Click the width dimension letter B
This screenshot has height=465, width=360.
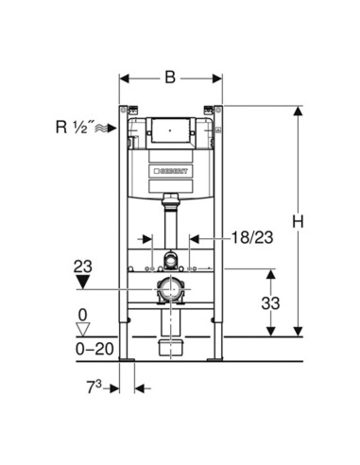tap(170, 77)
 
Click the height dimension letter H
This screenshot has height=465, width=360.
tap(298, 221)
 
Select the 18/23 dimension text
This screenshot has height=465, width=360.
tap(252, 237)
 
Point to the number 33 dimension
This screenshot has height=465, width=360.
tap(270, 303)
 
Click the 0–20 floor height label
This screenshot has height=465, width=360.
tap(94, 349)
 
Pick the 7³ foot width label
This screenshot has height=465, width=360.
tap(94, 387)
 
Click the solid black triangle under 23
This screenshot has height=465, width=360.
tap(83, 282)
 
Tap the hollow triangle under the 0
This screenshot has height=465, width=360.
tap(83, 330)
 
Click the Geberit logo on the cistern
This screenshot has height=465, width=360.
tap(170, 171)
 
